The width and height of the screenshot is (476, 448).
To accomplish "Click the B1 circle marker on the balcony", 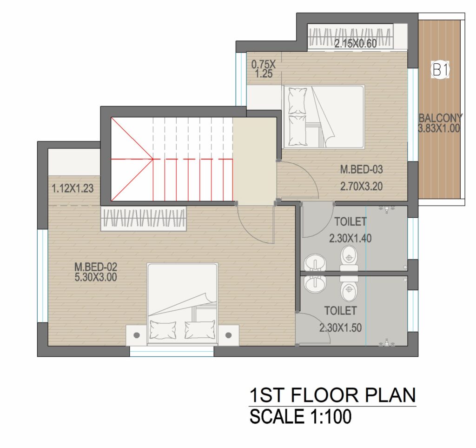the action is coord(440,70).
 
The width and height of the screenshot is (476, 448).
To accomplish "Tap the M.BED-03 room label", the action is coord(361,169).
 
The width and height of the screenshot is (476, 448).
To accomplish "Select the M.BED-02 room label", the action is coord(96,267).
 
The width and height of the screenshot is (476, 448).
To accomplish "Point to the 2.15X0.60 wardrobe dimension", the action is coord(356,44).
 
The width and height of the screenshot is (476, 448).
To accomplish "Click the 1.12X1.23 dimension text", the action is coord(73,188).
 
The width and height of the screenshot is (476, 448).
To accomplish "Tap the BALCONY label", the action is coord(441,118).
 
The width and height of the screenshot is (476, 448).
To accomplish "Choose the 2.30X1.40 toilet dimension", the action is coord(350,238).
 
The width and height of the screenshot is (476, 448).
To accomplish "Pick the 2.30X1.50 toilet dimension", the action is coord(340,328).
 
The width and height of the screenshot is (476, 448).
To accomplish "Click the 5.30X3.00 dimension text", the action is coord(96,277).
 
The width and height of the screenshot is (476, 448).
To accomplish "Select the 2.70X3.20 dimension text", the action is coord(361,186).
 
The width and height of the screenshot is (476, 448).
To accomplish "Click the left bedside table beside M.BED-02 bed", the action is coord(137,335).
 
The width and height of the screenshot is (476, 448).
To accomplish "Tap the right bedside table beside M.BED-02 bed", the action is coord(228,335).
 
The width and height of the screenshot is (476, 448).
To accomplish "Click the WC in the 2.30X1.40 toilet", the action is coord(349,258).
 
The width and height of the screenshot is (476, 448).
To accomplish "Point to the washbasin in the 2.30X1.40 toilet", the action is coord(315,262).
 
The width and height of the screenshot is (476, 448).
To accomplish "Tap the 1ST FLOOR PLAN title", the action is coord(332,395).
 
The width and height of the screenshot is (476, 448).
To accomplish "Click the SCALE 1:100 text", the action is coord(301,416).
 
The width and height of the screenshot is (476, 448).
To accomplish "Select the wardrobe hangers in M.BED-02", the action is coord(144,218).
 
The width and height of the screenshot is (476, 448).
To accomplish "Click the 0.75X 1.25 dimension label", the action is coord(264,69).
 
